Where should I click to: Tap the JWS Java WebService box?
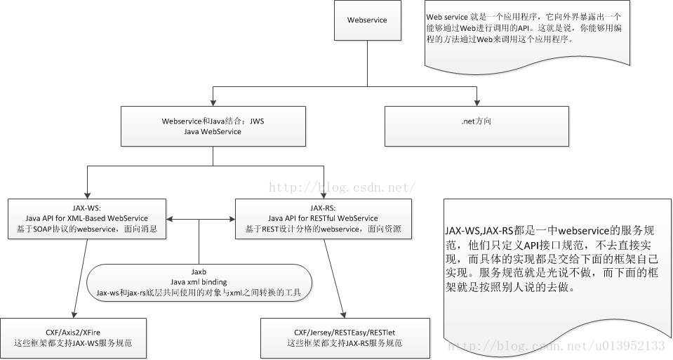pyautogui.click(x=213, y=126)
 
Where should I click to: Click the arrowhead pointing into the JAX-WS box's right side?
pyautogui.click(x=171, y=219)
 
